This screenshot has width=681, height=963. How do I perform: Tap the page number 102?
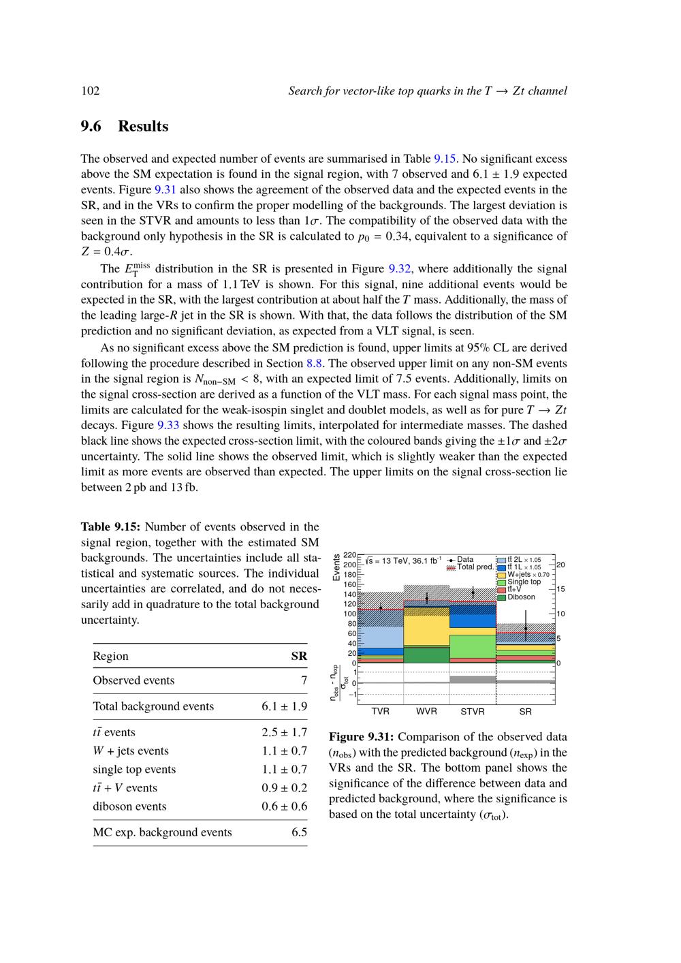[x=91, y=91]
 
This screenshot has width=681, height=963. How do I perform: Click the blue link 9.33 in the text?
[x=168, y=425]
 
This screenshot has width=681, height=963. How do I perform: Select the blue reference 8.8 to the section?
[x=314, y=363]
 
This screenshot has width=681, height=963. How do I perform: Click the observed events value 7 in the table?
[x=304, y=680]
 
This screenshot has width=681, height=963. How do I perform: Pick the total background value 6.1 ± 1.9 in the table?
[x=284, y=706]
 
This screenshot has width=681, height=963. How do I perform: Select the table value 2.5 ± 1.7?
[x=284, y=732]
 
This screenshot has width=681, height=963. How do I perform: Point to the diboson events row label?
[x=129, y=806]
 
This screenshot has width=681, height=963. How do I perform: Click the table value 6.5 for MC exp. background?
[x=299, y=832]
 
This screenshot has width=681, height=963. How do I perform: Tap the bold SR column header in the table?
[x=299, y=657]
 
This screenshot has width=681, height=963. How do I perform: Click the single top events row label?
[x=134, y=770]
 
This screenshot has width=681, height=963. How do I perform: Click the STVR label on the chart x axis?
[x=473, y=712]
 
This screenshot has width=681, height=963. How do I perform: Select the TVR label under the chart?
[x=381, y=712]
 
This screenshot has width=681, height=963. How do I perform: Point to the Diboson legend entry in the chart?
[x=521, y=597]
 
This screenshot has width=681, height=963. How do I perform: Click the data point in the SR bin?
[x=526, y=629]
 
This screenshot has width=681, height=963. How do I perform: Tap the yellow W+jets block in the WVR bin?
[x=427, y=631]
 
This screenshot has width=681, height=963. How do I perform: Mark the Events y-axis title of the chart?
[x=336, y=568]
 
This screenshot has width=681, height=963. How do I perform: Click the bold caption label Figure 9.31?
[x=362, y=737]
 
